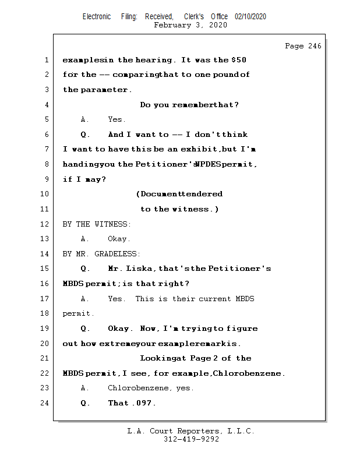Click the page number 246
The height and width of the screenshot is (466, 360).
point(315,46)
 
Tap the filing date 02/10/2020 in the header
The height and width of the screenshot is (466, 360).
point(250,17)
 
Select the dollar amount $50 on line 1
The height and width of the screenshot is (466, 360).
point(239,60)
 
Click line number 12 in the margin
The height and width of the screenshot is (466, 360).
point(44,224)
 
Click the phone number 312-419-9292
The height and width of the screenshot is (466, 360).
point(191,439)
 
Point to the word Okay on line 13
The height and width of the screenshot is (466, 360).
point(117,239)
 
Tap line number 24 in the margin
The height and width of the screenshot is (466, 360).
point(44,403)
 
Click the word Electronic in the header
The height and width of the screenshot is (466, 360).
point(97,17)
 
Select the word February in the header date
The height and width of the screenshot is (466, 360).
point(172,25)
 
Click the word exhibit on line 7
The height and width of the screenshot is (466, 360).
point(192,149)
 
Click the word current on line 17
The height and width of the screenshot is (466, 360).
point(214,299)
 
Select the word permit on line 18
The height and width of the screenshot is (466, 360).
point(76,314)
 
